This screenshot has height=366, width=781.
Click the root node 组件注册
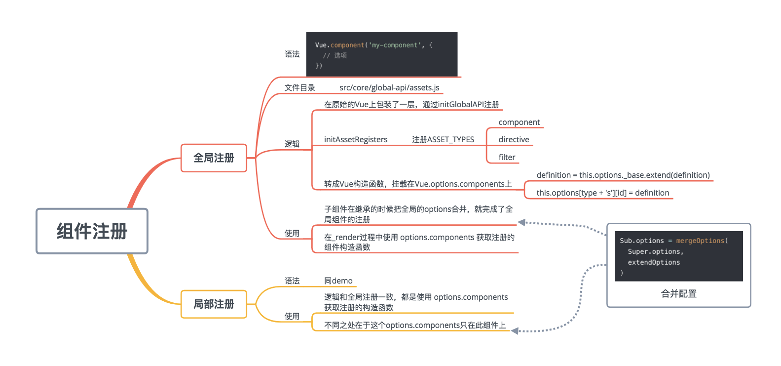pyautogui.click(x=92, y=231)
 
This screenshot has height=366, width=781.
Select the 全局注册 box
pyautogui.click(x=214, y=158)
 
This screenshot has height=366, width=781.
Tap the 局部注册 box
pyautogui.click(x=214, y=304)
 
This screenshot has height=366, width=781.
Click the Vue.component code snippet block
pyautogui.click(x=381, y=54)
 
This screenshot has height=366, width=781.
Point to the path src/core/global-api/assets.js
pyautogui.click(x=389, y=88)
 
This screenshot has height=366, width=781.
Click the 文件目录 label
pyautogui.click(x=299, y=88)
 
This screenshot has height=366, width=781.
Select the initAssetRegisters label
pyautogui.click(x=356, y=140)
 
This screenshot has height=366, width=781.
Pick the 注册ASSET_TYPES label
pyautogui.click(x=443, y=140)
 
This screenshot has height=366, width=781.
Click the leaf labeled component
pyautogui.click(x=519, y=122)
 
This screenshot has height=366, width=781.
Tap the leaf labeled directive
pyautogui.click(x=514, y=140)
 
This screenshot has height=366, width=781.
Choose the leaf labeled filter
pyautogui.click(x=507, y=158)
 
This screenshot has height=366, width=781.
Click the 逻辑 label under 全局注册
pyautogui.click(x=292, y=144)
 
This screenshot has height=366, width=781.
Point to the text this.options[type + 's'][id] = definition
pyautogui.click(x=603, y=193)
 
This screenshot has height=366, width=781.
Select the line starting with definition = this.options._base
pyautogui.click(x=623, y=175)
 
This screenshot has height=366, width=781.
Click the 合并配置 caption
pyautogui.click(x=678, y=294)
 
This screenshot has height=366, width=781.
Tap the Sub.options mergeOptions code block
pyautogui.click(x=678, y=256)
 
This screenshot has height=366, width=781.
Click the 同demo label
pyautogui.click(x=338, y=281)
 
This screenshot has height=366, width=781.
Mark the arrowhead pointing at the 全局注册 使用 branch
pyautogui.click(x=521, y=223)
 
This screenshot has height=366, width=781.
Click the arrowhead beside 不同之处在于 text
pyautogui.click(x=515, y=331)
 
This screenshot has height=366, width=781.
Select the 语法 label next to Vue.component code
pyautogui.click(x=292, y=54)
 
